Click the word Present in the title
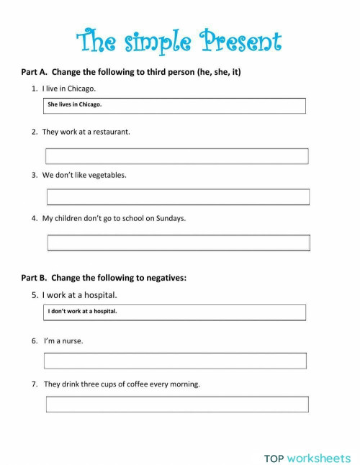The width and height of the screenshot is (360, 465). coord(243,42)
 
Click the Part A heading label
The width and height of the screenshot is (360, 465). coord(34,73)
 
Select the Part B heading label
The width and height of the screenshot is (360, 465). coord(34,277)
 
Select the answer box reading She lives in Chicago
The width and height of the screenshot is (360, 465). coord(175,105)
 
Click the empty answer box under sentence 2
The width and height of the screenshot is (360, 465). coord(176,156)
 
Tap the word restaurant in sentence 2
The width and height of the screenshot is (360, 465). coord(110,132)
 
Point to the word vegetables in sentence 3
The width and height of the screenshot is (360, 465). coord(105,175)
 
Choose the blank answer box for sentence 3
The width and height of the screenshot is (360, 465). coord(178,197)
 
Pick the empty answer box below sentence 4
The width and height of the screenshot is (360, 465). coord(179,243)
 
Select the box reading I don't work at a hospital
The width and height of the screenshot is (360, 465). coord(175,312)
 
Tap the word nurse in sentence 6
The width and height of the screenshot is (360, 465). coord(73,340)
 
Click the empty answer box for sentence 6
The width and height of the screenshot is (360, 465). coord(175,361)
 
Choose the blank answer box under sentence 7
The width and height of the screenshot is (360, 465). coord(177,405)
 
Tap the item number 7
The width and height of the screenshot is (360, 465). coord(34,384)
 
